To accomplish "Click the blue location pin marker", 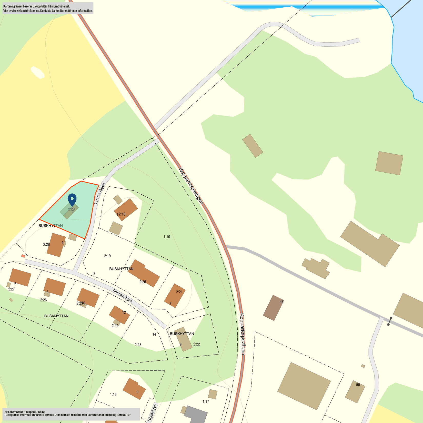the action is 72,199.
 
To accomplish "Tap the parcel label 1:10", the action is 167,237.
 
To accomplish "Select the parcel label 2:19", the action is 107,256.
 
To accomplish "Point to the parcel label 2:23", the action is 138,345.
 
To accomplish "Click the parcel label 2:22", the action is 196,344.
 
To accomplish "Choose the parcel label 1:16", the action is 113,395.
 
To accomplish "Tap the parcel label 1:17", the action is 206,401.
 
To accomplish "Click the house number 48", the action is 281,302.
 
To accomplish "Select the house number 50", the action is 358,385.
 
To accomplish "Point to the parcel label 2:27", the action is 12,289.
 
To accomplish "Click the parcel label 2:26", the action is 43,300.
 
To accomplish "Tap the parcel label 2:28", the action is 46,245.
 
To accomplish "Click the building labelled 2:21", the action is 175,295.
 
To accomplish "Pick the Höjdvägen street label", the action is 152,413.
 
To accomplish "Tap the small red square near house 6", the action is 23,256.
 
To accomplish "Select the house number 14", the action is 154,334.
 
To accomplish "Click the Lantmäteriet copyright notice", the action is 68,413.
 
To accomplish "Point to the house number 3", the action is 94,274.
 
